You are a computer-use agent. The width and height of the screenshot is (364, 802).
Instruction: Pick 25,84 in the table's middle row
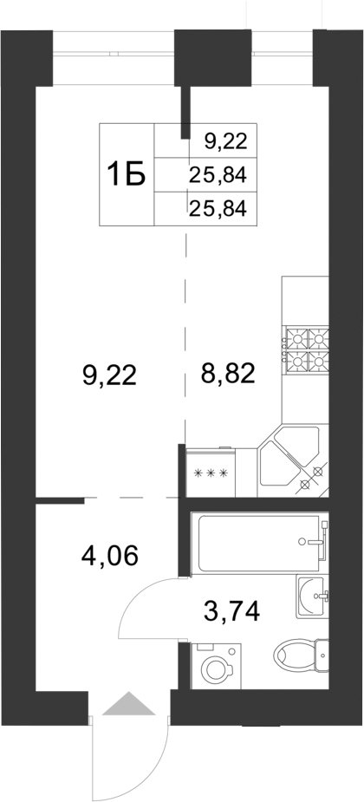218,175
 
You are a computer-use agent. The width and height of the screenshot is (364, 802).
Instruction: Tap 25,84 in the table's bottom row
218,207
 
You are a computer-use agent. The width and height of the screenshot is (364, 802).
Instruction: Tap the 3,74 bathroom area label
231,612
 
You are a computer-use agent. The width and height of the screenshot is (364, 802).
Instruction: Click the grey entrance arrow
127,703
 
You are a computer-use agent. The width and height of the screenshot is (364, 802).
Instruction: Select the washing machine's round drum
212,670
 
